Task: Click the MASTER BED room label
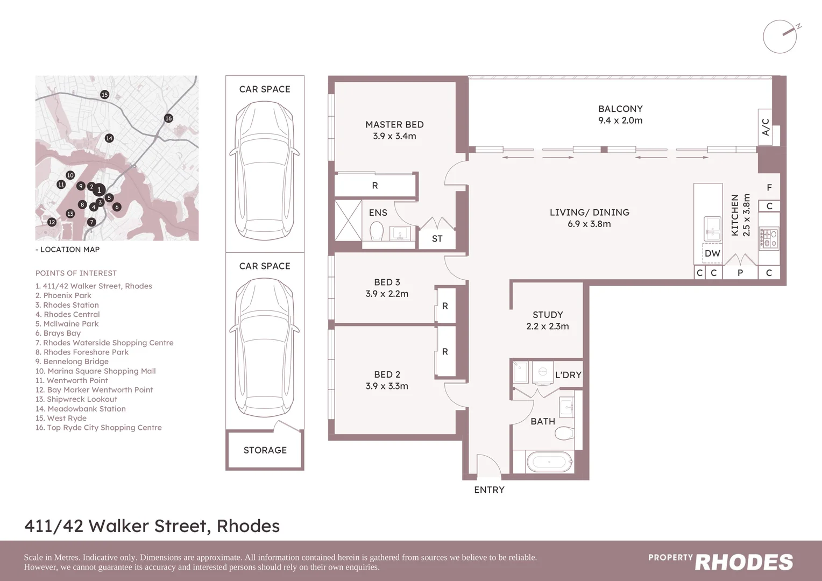[394, 125]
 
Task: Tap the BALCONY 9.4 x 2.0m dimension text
[620, 121]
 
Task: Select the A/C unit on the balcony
[766, 127]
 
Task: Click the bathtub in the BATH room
[548, 462]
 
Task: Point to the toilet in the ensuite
[377, 232]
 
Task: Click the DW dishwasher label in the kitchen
[712, 253]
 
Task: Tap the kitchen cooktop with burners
[768, 239]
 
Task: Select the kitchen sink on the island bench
[713, 229]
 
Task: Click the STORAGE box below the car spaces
[265, 450]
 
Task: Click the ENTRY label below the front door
[489, 490]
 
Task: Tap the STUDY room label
[548, 315]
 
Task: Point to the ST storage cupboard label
[437, 239]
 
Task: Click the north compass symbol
[780, 36]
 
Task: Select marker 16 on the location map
[168, 118]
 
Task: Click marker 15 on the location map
[104, 95]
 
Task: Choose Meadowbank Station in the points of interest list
[81, 409]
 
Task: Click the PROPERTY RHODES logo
[720, 562]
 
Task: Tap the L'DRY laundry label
[568, 375]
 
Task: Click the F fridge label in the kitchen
[769, 188]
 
